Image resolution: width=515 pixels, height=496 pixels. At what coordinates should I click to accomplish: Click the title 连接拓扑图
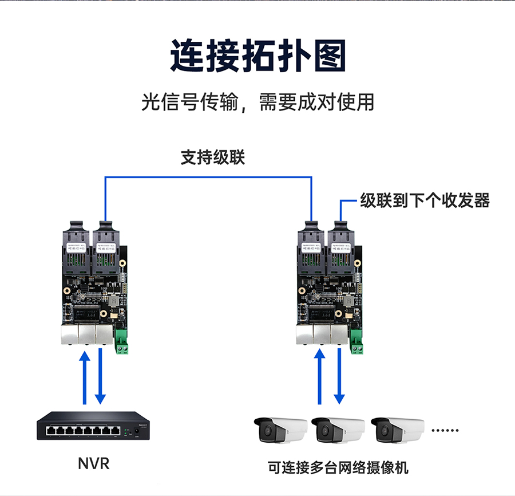[x=257, y=56]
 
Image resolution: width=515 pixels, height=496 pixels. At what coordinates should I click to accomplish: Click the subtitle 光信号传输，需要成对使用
[x=257, y=102]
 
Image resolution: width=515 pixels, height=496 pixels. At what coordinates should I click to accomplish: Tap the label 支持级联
[x=213, y=158]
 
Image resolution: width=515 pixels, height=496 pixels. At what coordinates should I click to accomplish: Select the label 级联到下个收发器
[x=425, y=200]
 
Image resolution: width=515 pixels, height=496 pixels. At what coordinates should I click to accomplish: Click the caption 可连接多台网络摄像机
[x=338, y=467]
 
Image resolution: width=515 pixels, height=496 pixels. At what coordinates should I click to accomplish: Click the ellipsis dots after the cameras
[x=445, y=430]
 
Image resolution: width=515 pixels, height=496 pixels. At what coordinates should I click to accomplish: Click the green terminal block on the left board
[x=121, y=342]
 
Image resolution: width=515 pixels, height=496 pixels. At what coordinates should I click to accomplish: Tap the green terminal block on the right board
[x=358, y=342]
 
